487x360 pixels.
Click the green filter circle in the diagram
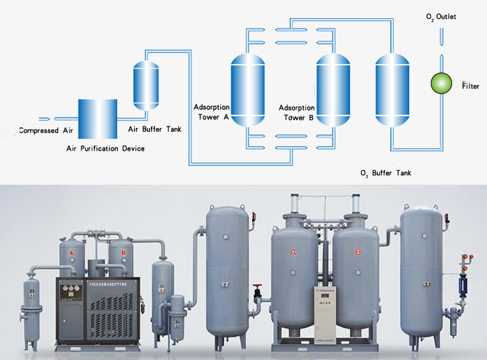[441, 83]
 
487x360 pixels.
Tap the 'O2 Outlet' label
[441, 17]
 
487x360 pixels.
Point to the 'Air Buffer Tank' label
[155, 129]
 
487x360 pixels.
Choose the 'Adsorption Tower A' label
[211, 111]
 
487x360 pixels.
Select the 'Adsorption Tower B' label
[297, 111]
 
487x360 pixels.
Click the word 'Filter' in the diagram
[472, 87]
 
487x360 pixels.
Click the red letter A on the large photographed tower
[293, 252]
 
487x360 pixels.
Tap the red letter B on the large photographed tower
[357, 252]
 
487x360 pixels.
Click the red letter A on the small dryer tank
[71, 252]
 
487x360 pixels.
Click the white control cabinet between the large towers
[325, 312]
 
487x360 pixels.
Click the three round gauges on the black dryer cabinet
[72, 287]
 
